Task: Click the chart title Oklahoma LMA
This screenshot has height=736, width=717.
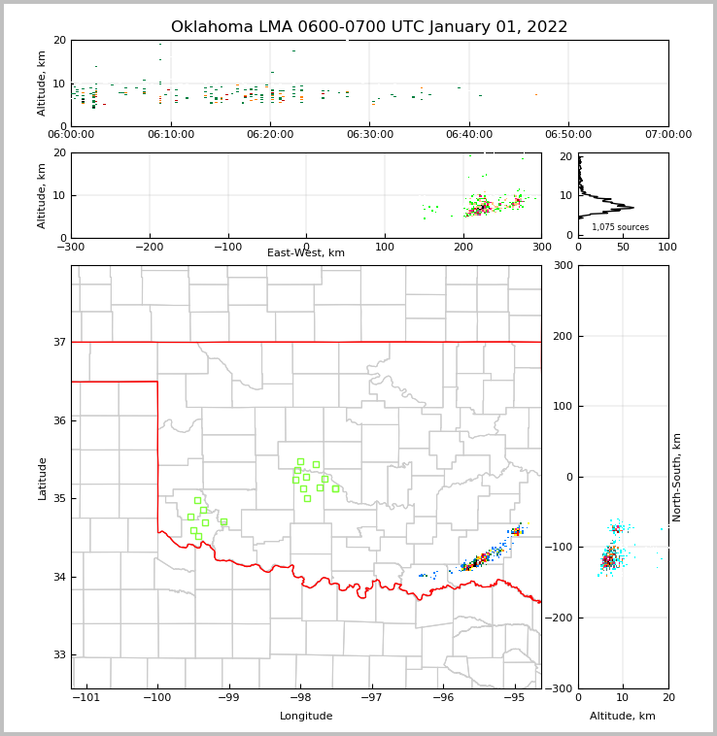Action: [369, 27]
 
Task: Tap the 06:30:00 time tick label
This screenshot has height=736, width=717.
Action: [369, 135]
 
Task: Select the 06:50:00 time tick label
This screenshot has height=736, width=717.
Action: [568, 135]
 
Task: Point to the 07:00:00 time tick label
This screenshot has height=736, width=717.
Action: [667, 135]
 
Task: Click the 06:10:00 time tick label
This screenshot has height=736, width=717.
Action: [171, 135]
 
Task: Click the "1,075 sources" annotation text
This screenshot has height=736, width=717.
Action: [620, 227]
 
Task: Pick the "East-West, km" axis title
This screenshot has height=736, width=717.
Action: [306, 253]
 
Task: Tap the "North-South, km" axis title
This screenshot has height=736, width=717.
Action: [677, 477]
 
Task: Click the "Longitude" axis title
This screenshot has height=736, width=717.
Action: [306, 717]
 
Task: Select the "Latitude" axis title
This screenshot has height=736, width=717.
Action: [42, 478]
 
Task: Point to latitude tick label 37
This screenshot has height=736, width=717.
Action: [59, 342]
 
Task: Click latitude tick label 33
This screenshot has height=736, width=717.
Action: [59, 654]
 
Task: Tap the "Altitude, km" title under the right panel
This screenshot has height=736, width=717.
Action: [623, 717]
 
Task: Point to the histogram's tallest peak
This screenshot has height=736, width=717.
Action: [632, 207]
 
